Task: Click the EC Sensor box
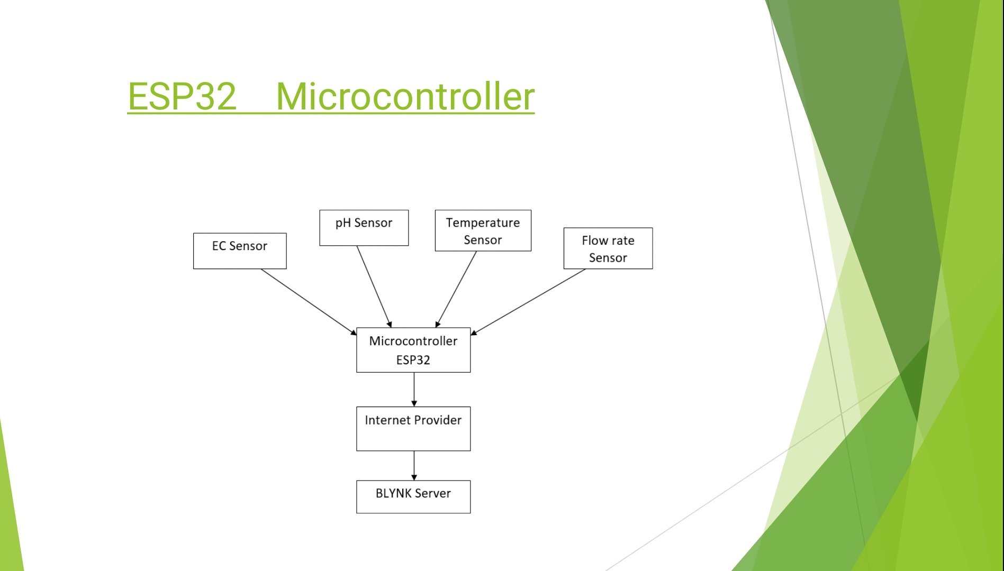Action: tap(240, 251)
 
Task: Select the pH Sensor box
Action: tap(364, 228)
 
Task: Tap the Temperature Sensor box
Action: tap(483, 231)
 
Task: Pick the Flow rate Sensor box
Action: tap(608, 248)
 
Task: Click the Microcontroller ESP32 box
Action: tap(413, 350)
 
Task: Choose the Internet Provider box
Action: tap(413, 429)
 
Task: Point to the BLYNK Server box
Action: tap(413, 497)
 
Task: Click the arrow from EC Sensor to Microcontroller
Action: tap(309, 302)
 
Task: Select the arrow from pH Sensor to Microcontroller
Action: tap(374, 287)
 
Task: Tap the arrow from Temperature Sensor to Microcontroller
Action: tap(456, 289)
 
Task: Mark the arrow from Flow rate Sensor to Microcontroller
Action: tap(528, 302)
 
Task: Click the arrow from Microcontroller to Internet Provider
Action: tap(414, 389)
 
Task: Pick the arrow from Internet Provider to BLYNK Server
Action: tap(414, 465)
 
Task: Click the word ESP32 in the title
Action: tap(182, 96)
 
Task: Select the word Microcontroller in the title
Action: tap(405, 96)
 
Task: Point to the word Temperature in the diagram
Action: tap(483, 223)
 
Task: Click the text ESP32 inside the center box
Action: tap(413, 360)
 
